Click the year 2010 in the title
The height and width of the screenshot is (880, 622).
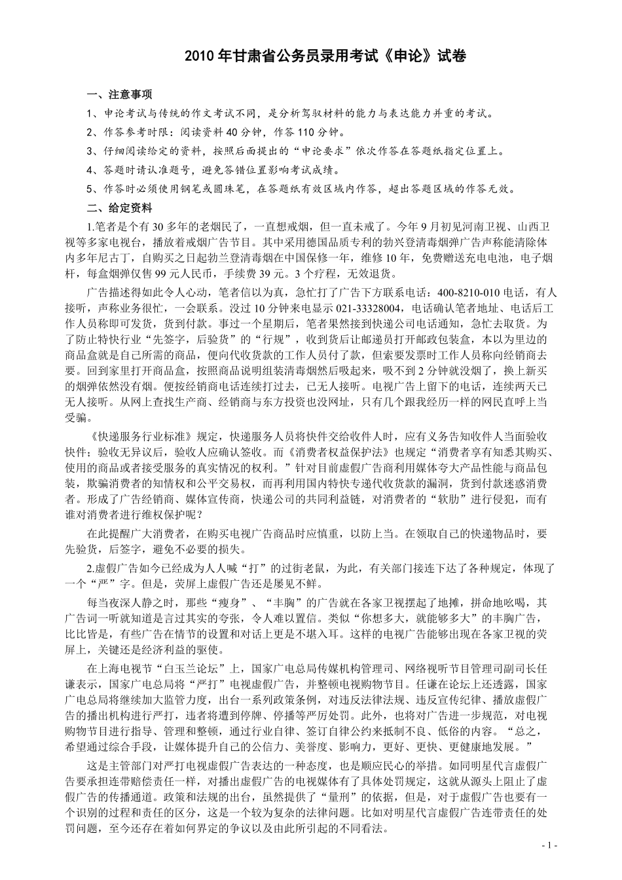pyautogui.click(x=197, y=57)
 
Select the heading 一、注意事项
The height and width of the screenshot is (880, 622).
pyautogui.click(x=120, y=94)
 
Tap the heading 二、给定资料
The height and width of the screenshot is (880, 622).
pyautogui.click(x=120, y=208)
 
